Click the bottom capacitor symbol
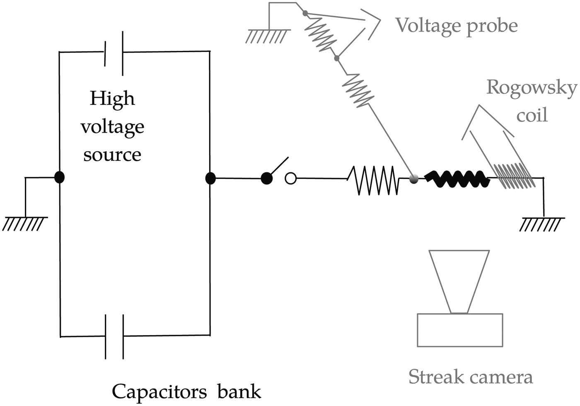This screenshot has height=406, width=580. [114, 336]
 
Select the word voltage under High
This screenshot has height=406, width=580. [112, 127]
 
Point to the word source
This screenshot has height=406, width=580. [112, 155]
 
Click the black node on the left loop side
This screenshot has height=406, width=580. [60, 178]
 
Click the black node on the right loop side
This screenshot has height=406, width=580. [210, 179]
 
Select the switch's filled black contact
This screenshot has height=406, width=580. [266, 179]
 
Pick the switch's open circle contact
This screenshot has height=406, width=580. [291, 179]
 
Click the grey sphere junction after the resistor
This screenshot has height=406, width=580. [413, 179]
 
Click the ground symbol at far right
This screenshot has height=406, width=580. [542, 224]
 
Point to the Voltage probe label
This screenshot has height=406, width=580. [457, 26]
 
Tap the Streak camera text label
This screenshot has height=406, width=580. [471, 377]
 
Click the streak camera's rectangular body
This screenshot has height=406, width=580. [460, 330]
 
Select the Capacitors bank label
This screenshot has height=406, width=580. [186, 391]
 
